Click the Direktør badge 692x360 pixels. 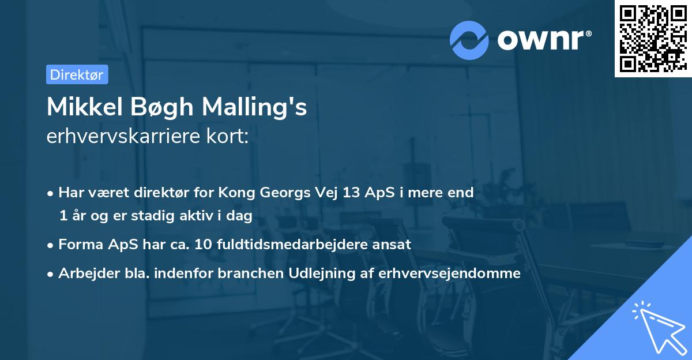pos(77,74)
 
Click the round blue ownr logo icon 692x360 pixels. pos(469,39)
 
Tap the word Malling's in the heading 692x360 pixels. pos(254,108)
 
